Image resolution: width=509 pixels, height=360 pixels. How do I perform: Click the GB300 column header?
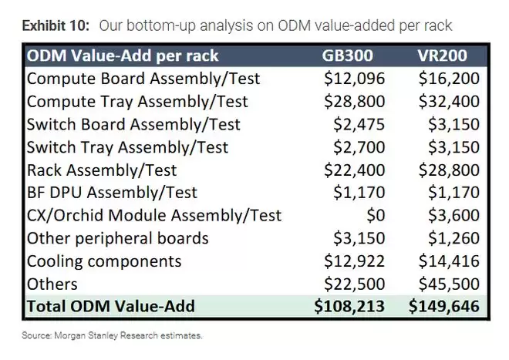click(x=347, y=56)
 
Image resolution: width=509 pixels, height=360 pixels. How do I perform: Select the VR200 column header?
click(x=443, y=56)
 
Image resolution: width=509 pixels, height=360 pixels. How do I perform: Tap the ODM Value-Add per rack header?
click(x=123, y=56)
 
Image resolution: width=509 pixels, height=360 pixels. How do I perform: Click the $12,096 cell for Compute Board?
click(x=355, y=79)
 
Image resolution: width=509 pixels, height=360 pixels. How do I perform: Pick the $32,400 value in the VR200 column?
click(x=449, y=101)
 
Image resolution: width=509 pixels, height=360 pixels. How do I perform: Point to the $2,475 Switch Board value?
click(x=359, y=124)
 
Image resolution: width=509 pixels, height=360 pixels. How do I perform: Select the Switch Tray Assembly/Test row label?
click(x=127, y=147)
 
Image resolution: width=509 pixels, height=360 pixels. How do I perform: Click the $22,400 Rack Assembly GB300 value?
click(x=355, y=170)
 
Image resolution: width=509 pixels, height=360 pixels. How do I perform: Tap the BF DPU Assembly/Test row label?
click(x=112, y=193)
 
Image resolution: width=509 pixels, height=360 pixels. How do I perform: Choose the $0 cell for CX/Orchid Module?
click(x=376, y=216)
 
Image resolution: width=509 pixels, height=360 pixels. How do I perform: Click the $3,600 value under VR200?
click(x=453, y=216)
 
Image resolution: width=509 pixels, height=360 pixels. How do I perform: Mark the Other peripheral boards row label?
click(x=117, y=239)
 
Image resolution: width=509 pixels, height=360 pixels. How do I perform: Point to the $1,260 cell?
click(x=453, y=238)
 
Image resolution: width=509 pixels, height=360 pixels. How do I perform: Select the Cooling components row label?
click(x=104, y=261)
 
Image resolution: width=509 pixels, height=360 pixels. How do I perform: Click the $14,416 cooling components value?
click(x=449, y=261)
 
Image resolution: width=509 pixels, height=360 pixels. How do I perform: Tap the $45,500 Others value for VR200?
click(x=449, y=284)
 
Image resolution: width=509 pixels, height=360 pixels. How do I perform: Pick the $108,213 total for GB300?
click(x=349, y=307)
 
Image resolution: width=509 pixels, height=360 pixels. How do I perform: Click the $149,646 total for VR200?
click(x=444, y=307)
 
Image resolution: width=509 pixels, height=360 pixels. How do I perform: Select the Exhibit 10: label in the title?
click(x=56, y=25)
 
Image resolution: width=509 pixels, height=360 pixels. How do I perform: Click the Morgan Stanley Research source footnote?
click(x=112, y=335)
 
